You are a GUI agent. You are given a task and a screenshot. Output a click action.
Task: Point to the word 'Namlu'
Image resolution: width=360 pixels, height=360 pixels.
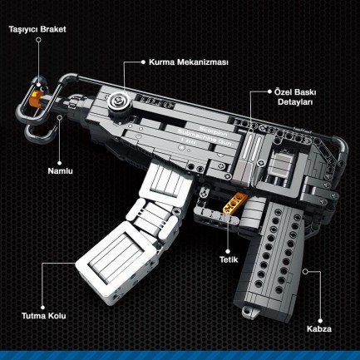click(x=61, y=170)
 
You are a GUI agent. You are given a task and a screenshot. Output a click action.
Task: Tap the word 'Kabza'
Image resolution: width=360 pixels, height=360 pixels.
click(x=318, y=328)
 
